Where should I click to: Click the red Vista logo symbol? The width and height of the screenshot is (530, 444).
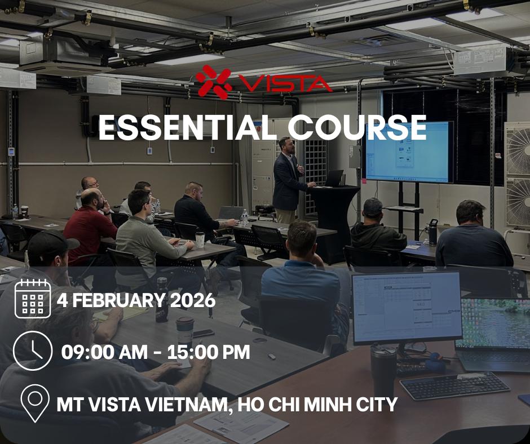pos(214,82)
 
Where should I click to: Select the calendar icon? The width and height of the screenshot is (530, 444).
pos(33,299)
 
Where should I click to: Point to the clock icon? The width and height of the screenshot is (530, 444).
pos(33,350)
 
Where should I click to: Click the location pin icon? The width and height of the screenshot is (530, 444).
pos(35,403)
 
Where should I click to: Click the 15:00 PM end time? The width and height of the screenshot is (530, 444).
pos(209,352)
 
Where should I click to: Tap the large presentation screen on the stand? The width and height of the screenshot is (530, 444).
pos(408,152)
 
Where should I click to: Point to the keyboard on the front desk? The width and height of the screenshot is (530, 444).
pos(454,385)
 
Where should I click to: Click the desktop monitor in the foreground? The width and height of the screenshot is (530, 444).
pos(407,308)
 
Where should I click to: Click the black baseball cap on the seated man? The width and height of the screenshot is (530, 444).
pos(51,242)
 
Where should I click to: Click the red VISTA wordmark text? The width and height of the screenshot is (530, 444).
pos(285,83)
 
